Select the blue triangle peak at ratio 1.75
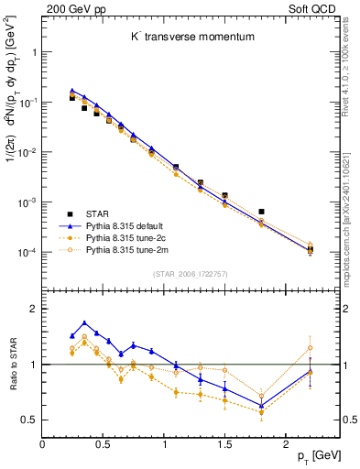(x=84, y=322)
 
